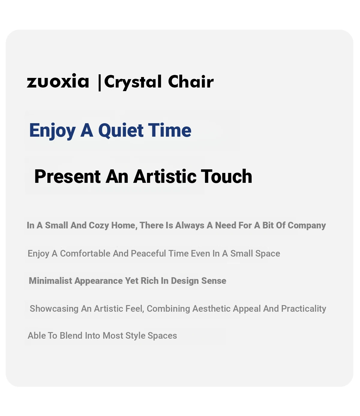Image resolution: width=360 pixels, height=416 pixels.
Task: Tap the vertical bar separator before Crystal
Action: pos(99,82)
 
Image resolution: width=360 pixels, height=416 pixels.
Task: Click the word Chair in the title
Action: pos(190,82)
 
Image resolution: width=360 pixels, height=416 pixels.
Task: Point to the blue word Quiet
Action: pos(121,131)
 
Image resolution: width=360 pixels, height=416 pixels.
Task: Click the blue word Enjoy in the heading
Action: pos(52,131)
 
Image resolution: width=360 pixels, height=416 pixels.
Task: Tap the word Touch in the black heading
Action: pos(226,176)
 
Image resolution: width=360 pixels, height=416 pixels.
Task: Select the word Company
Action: pos(307,226)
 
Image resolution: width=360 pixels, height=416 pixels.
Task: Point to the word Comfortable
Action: pos(85,253)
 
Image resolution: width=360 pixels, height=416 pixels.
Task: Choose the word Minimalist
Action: pos(50,281)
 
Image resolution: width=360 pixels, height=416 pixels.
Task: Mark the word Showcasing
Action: pos(54,309)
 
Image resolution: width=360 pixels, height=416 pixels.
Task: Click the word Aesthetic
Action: pos(211,308)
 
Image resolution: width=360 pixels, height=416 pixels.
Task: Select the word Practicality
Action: pos(304,309)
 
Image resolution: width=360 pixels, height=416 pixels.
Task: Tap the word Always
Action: pos(190,226)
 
